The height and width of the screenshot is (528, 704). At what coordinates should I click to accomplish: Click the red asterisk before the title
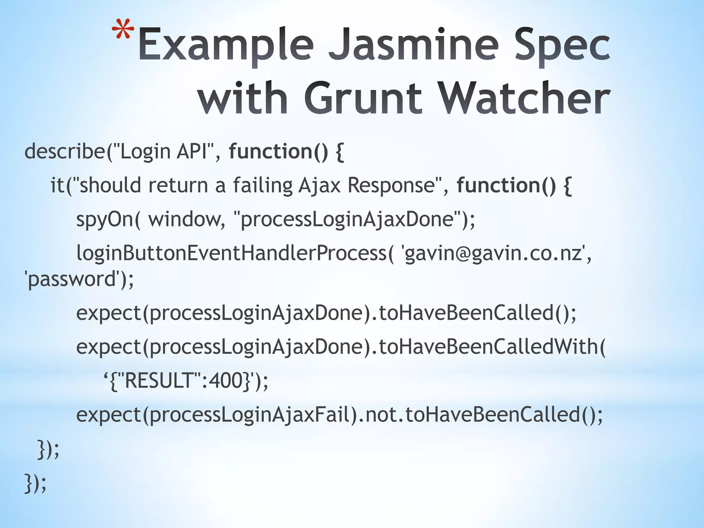point(123,33)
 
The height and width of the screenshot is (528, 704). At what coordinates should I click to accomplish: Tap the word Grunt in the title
point(363,98)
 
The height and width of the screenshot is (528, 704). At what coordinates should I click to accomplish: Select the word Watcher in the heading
point(525,98)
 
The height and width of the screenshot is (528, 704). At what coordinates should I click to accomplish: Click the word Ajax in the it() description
point(319,185)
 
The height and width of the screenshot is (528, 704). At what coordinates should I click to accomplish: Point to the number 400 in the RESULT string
point(225,381)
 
